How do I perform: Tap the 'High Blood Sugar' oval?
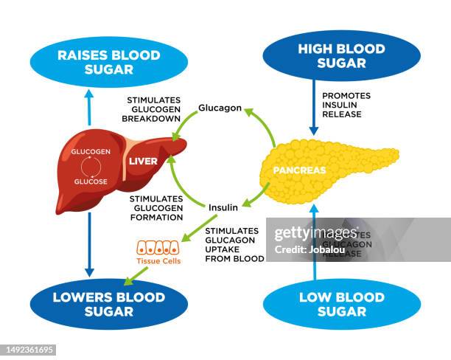click(x=341, y=55)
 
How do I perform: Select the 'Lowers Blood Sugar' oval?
click(x=98, y=304)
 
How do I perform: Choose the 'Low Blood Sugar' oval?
click(x=341, y=304)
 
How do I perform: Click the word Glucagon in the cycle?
click(x=220, y=108)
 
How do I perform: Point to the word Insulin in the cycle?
click(x=223, y=207)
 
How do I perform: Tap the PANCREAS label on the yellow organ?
click(x=299, y=170)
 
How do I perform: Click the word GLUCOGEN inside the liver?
click(x=91, y=151)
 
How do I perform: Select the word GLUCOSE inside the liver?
click(x=91, y=181)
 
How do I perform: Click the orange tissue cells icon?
click(x=158, y=248)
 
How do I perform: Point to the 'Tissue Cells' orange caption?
click(x=158, y=261)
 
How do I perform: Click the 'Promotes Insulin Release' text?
click(x=346, y=105)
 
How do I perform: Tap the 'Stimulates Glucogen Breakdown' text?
click(x=154, y=108)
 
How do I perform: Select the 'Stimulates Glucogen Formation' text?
click(x=156, y=208)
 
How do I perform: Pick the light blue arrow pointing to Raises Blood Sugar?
click(x=89, y=106)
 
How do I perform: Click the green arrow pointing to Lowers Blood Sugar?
click(x=136, y=275)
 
